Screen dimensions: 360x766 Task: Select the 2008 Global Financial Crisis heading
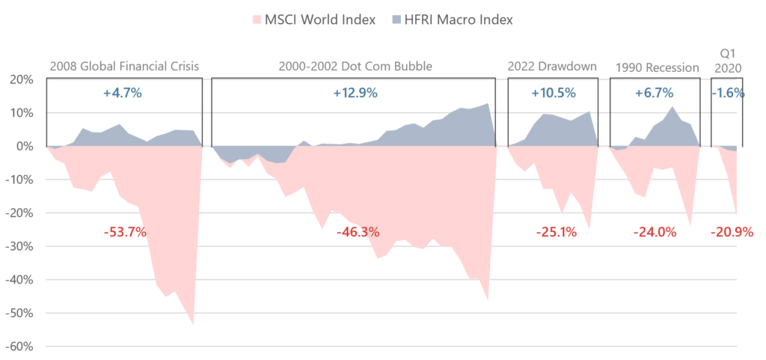[x=124, y=67]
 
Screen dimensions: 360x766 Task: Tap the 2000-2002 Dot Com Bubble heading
[x=354, y=67]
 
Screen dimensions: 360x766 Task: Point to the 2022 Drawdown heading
[x=552, y=67]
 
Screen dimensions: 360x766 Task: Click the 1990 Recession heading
[x=656, y=67]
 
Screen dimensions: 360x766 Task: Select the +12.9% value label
[x=354, y=94]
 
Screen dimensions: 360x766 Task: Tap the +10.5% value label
[x=553, y=94]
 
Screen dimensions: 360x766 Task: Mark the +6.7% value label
[x=655, y=94]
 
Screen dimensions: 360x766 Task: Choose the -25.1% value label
[x=556, y=233]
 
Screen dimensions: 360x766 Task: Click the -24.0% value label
[x=655, y=233]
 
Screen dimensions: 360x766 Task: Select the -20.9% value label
[x=731, y=233]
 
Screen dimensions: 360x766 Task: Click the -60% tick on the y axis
[x=19, y=347]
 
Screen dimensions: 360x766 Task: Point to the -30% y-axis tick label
[x=19, y=247]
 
